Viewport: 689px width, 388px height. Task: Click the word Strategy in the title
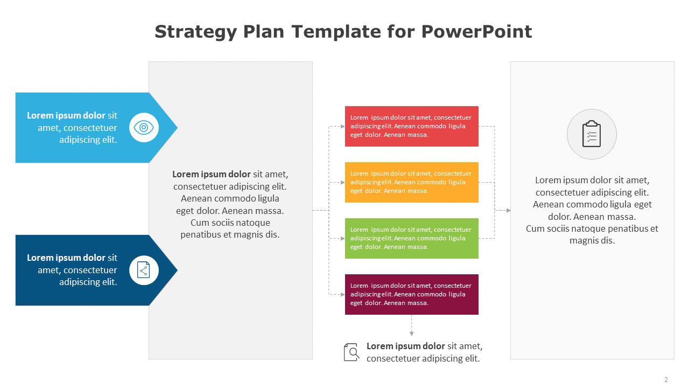(195, 32)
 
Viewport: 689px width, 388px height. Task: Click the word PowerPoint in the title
(476, 31)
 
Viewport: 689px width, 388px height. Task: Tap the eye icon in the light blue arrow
(144, 128)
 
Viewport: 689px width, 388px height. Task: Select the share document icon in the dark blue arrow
(144, 270)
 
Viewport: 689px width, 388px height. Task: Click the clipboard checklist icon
(592, 134)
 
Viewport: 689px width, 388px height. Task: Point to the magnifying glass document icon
(351, 352)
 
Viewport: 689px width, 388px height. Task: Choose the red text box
(412, 126)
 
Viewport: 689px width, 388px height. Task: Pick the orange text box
(412, 182)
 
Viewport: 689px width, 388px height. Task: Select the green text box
(412, 238)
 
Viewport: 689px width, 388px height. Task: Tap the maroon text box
(412, 294)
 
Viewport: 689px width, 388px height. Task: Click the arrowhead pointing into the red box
(343, 126)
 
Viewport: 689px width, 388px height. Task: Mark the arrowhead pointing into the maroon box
(343, 294)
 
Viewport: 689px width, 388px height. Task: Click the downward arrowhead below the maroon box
(412, 334)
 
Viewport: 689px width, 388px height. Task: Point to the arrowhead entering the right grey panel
(509, 210)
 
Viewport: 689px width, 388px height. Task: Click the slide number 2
(666, 379)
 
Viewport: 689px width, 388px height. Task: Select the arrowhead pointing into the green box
(343, 238)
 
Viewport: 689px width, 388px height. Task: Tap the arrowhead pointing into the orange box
(343, 182)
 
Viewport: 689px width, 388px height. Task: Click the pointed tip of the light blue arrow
(178, 128)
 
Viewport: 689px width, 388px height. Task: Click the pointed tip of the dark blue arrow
(178, 270)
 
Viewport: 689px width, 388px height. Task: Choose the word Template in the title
(336, 32)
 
